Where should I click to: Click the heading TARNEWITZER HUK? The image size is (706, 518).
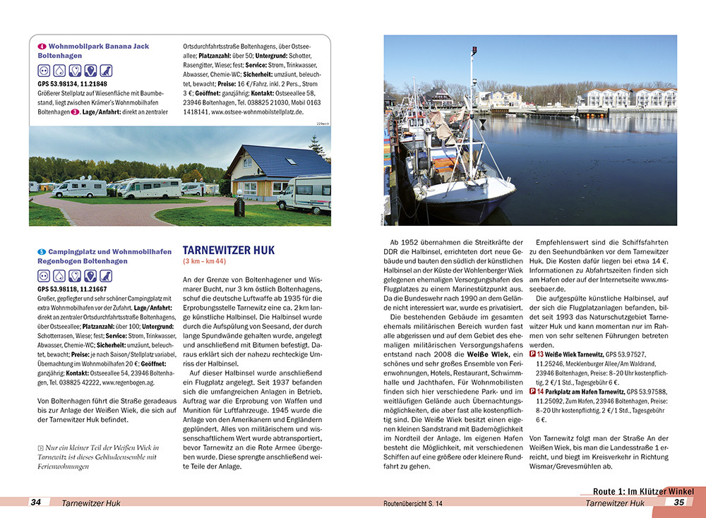[x=228, y=251]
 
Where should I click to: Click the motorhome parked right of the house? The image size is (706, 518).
[x=304, y=193]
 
